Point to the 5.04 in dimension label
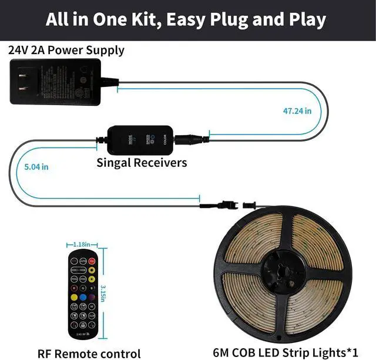(x=36, y=167)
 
